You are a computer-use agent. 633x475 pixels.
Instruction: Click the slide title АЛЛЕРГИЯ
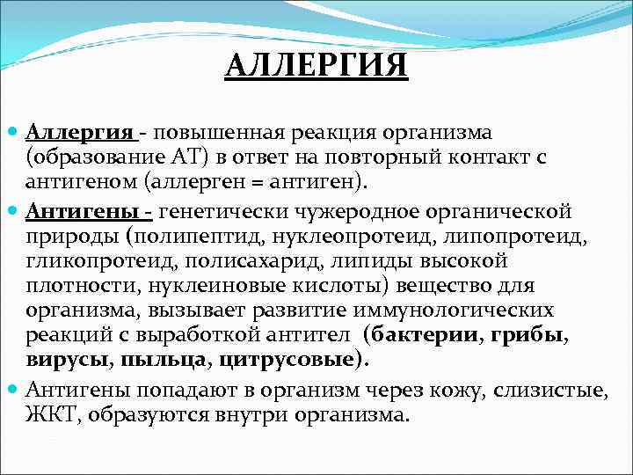click(x=316, y=65)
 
